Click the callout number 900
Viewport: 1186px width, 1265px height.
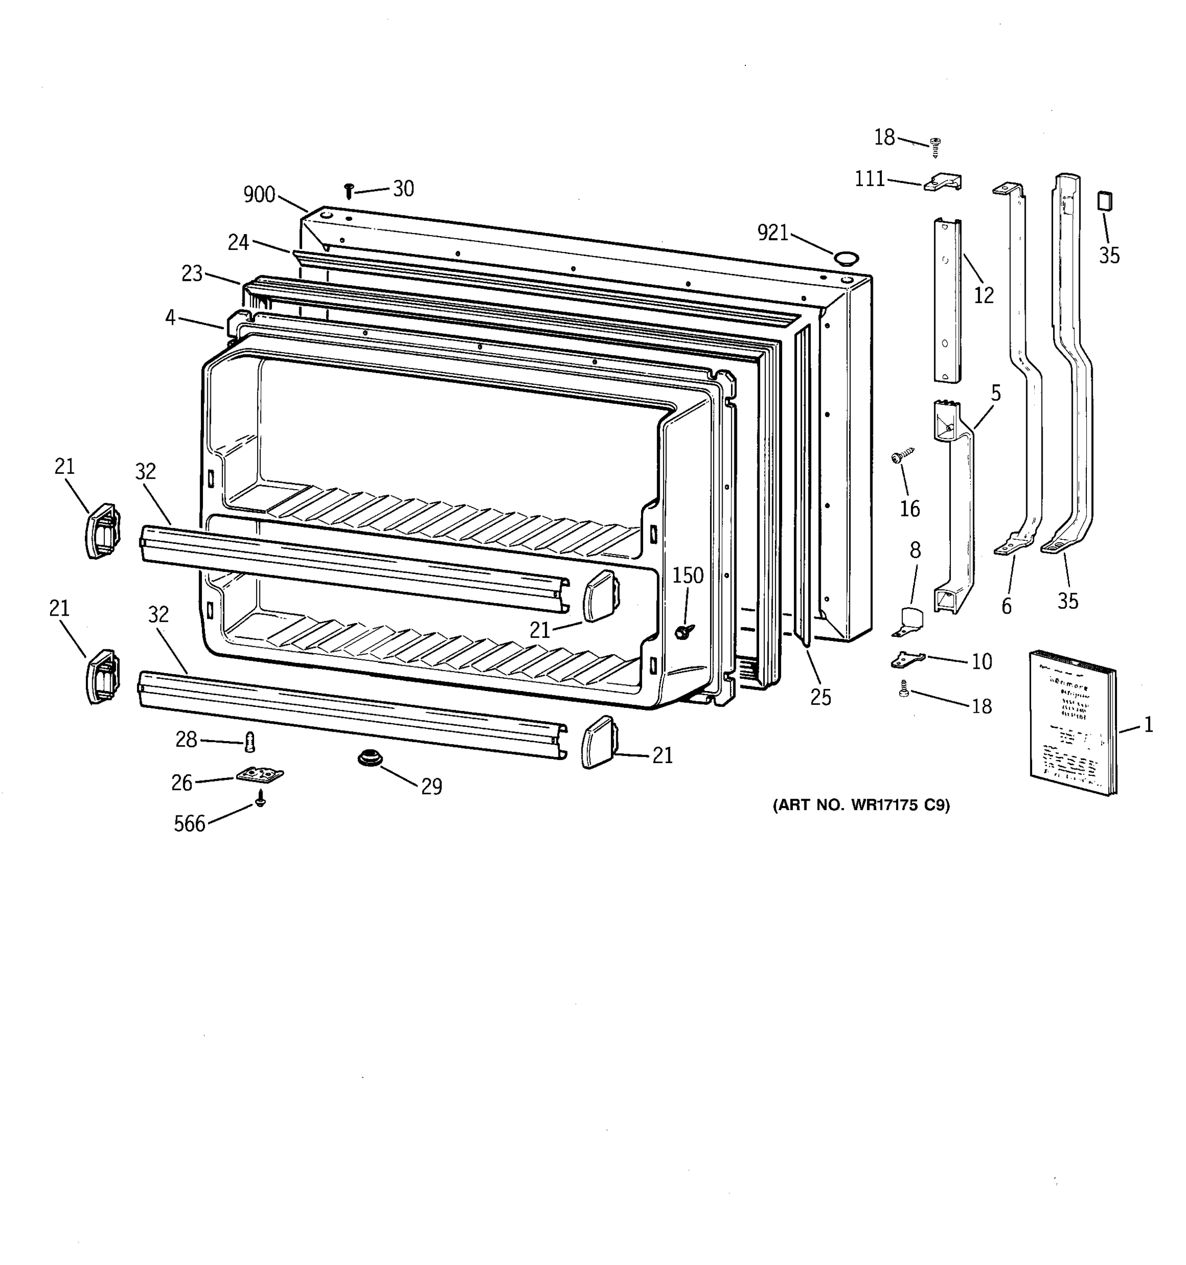259,194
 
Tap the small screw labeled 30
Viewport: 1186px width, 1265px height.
348,190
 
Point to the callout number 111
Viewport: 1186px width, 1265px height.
870,179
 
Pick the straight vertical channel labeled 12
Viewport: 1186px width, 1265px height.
947,300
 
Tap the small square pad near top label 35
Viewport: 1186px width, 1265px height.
1104,201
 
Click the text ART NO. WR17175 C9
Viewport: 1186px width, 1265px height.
861,805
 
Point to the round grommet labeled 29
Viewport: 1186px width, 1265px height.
367,758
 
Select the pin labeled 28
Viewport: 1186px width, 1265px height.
250,741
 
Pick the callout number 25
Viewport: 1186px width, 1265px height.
820,698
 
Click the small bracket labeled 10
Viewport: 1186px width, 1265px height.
907,659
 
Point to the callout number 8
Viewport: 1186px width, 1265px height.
915,550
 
